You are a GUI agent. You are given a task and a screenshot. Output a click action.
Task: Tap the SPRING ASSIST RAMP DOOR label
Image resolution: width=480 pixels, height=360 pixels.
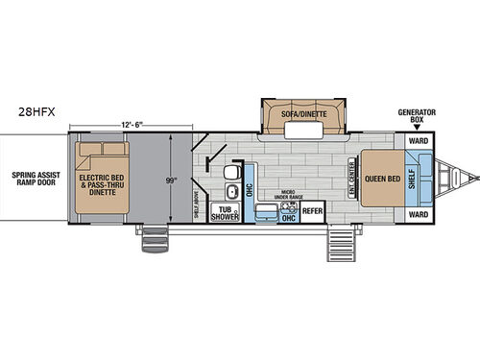[x=33, y=180]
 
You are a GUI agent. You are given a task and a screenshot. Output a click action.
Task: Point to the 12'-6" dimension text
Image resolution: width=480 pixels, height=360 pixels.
[x=137, y=125]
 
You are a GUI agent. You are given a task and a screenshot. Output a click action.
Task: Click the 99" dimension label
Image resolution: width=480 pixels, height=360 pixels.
[x=171, y=180]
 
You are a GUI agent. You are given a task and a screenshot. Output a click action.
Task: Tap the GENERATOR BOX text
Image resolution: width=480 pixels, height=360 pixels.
[x=418, y=115]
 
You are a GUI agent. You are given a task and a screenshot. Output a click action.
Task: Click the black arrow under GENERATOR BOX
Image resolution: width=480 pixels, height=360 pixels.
[x=418, y=129]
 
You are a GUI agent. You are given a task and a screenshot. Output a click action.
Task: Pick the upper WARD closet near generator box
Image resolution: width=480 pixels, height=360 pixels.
[x=418, y=141]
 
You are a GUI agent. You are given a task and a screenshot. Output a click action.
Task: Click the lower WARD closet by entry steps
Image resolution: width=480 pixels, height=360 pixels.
[x=418, y=215]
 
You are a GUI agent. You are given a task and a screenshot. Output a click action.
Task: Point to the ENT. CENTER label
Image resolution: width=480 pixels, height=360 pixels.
[x=354, y=179]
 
